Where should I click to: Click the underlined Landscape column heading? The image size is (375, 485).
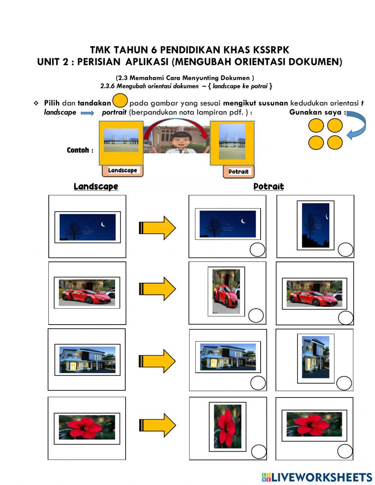pos(96,186)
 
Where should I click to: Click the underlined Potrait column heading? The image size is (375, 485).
pos(268,186)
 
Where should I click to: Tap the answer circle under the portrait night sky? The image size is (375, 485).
pos(345,249)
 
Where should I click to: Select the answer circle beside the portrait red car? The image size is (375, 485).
pos(256,316)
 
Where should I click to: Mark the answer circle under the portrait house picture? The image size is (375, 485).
pos(344,383)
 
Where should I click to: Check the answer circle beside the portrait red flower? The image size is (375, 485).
pos(259,452)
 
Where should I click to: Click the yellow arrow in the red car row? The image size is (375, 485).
pos(157,289)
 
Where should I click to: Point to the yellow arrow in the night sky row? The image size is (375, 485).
pos(157,227)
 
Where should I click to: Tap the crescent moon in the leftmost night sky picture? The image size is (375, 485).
pos(103,224)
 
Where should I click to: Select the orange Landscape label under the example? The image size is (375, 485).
pos(123,171)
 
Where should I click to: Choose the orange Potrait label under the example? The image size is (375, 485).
pos(238,172)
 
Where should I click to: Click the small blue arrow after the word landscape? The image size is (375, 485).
pos(87,113)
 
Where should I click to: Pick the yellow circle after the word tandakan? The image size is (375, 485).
pos(120,102)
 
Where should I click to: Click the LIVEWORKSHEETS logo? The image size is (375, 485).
pos(316,477)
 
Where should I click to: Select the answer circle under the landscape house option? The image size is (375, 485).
pos(258,384)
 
